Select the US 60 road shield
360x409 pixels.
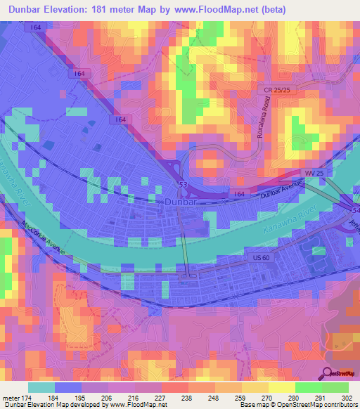[262, 259]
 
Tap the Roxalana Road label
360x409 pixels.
[262, 116]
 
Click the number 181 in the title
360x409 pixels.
[127, 11]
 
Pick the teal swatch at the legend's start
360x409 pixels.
[41, 387]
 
